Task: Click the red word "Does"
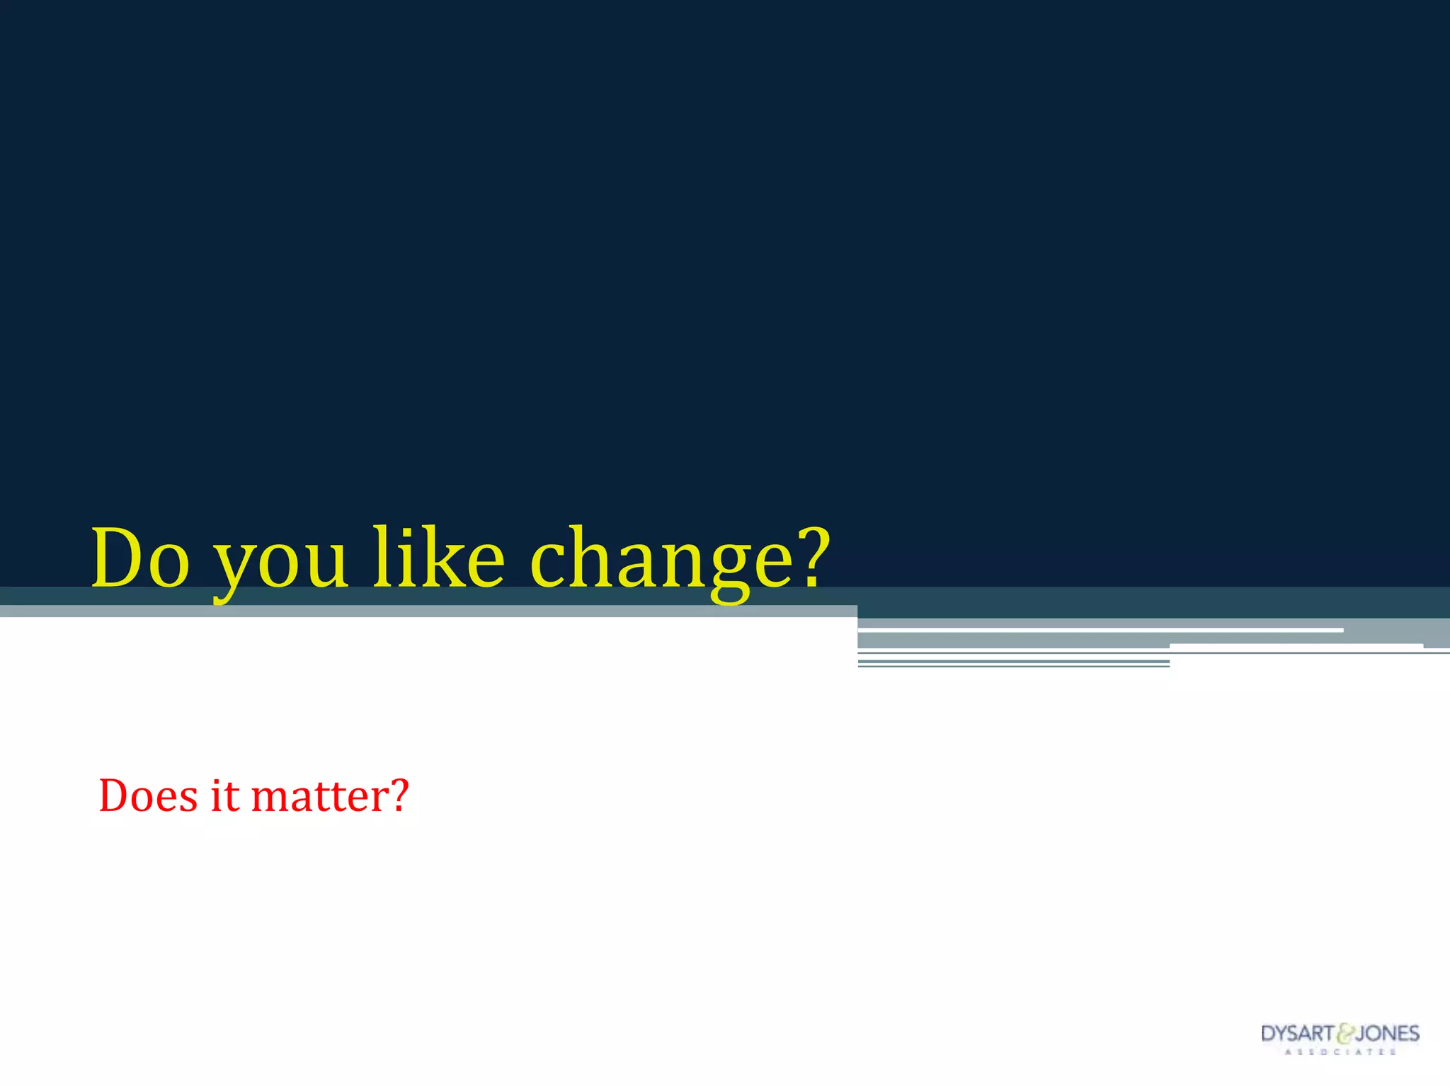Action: (148, 795)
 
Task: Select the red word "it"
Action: (224, 795)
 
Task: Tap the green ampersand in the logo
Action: (1345, 1035)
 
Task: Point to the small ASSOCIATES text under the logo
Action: (1340, 1052)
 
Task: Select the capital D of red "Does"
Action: (115, 795)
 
